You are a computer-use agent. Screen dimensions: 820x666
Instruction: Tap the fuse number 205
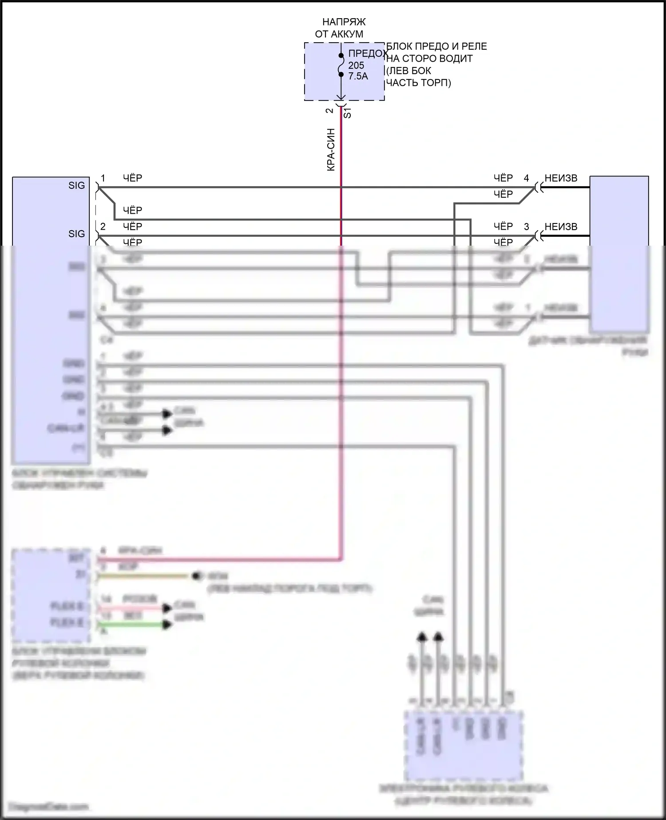(356, 65)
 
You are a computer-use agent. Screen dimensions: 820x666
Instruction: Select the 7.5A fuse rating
(358, 76)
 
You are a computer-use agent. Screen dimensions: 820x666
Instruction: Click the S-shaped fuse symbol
(341, 65)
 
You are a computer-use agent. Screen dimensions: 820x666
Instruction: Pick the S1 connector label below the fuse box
(348, 113)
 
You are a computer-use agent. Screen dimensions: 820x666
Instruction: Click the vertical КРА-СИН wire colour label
(331, 150)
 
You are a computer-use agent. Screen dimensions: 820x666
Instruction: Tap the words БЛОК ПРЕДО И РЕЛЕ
(436, 47)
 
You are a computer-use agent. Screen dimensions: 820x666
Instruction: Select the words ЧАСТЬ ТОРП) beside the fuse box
(418, 83)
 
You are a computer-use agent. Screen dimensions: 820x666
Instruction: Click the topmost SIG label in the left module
(76, 186)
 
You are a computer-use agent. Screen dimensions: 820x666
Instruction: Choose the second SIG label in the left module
(76, 234)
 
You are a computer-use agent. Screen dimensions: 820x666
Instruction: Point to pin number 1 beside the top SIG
(103, 178)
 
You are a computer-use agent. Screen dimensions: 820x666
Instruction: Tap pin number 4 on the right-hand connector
(527, 178)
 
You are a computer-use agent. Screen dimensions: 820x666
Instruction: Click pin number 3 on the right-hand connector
(527, 227)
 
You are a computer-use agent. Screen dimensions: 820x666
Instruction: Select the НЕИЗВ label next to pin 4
(561, 178)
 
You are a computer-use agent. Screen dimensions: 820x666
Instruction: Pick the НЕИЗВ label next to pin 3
(561, 227)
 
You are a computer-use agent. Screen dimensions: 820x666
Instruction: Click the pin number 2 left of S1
(329, 111)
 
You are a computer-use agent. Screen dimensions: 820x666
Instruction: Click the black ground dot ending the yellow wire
(195, 576)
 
